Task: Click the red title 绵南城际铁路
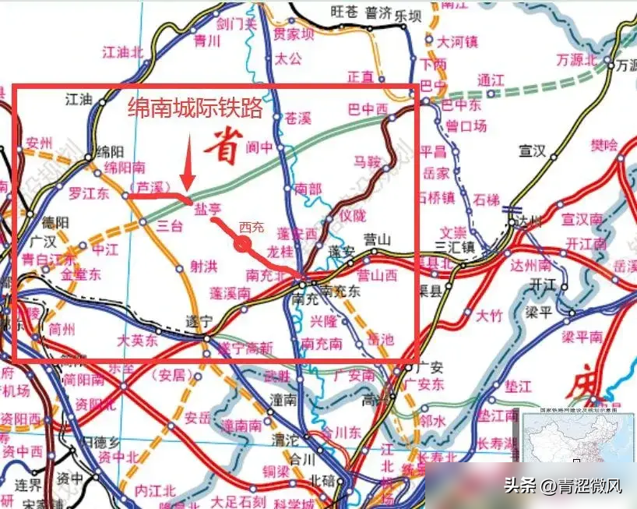[195, 108]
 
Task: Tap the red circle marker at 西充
[243, 246]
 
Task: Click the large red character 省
[225, 147]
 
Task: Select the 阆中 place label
[260, 147]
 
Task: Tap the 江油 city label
[79, 99]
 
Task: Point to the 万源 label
[626, 66]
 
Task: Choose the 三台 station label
[170, 226]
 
